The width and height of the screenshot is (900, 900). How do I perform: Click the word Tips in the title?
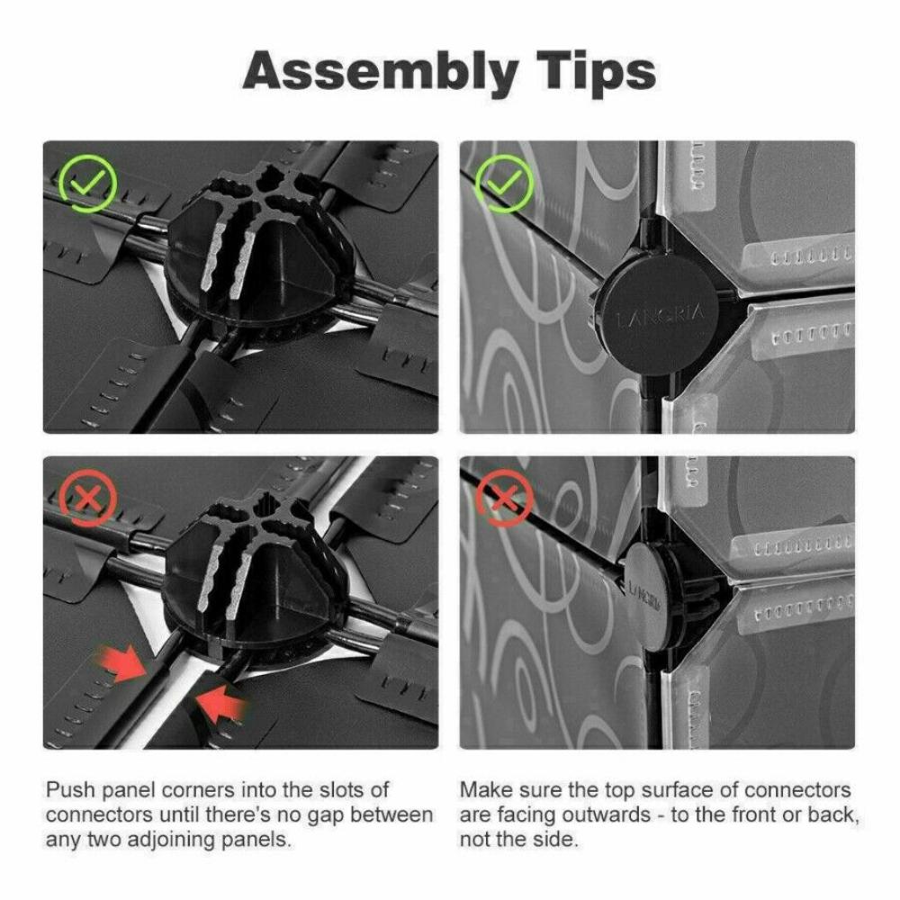590,70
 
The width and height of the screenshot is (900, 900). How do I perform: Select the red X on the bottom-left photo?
87,498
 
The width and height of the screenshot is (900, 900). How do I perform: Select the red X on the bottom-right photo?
503,497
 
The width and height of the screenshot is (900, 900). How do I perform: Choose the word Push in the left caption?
67,790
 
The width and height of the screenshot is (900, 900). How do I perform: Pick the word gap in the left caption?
320,815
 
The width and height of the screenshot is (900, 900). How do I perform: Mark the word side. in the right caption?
556,841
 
